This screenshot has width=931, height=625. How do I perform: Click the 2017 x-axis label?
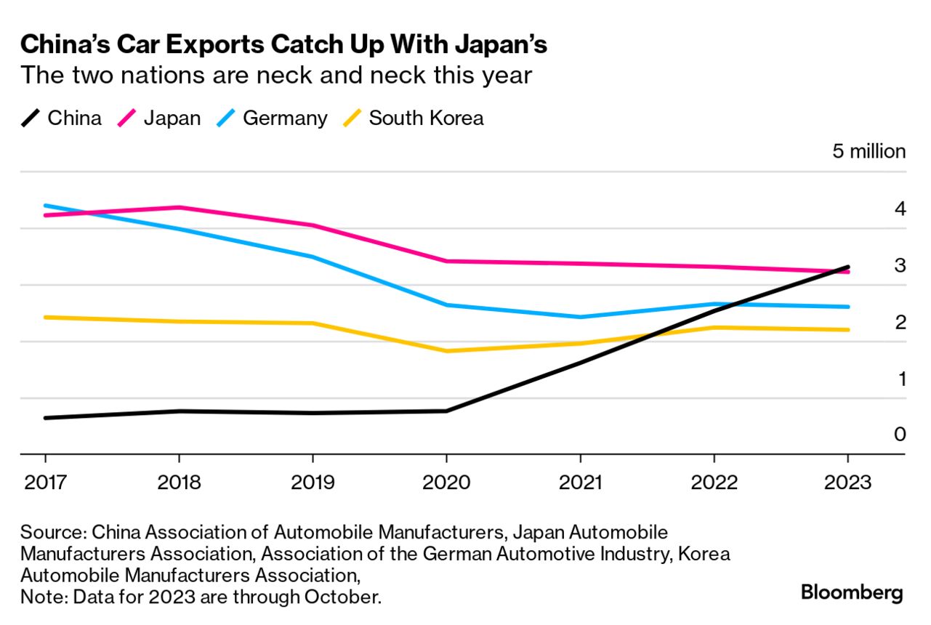click(x=45, y=483)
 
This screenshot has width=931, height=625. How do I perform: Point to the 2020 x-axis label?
click(x=446, y=483)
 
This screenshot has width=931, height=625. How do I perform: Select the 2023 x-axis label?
click(x=847, y=483)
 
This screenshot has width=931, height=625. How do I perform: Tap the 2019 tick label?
click(x=313, y=483)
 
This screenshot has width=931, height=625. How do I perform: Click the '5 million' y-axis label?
click(x=868, y=152)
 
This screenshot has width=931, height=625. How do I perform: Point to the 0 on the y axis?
click(x=900, y=435)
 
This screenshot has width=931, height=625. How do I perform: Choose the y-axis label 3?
click(x=900, y=265)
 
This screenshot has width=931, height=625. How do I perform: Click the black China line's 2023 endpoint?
click(x=847, y=267)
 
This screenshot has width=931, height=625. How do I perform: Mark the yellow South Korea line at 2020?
click(x=446, y=351)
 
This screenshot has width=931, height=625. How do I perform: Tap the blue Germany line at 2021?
click(x=580, y=317)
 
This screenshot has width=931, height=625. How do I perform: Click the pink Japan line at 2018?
click(x=179, y=207)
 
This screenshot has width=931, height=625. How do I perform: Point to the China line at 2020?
click(x=446, y=411)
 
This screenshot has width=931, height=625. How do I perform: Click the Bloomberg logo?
click(x=852, y=592)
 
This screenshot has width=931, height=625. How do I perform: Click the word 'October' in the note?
click(x=342, y=597)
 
